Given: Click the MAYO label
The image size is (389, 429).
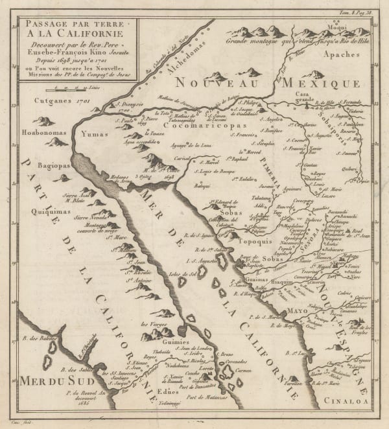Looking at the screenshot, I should [x=300, y=310].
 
